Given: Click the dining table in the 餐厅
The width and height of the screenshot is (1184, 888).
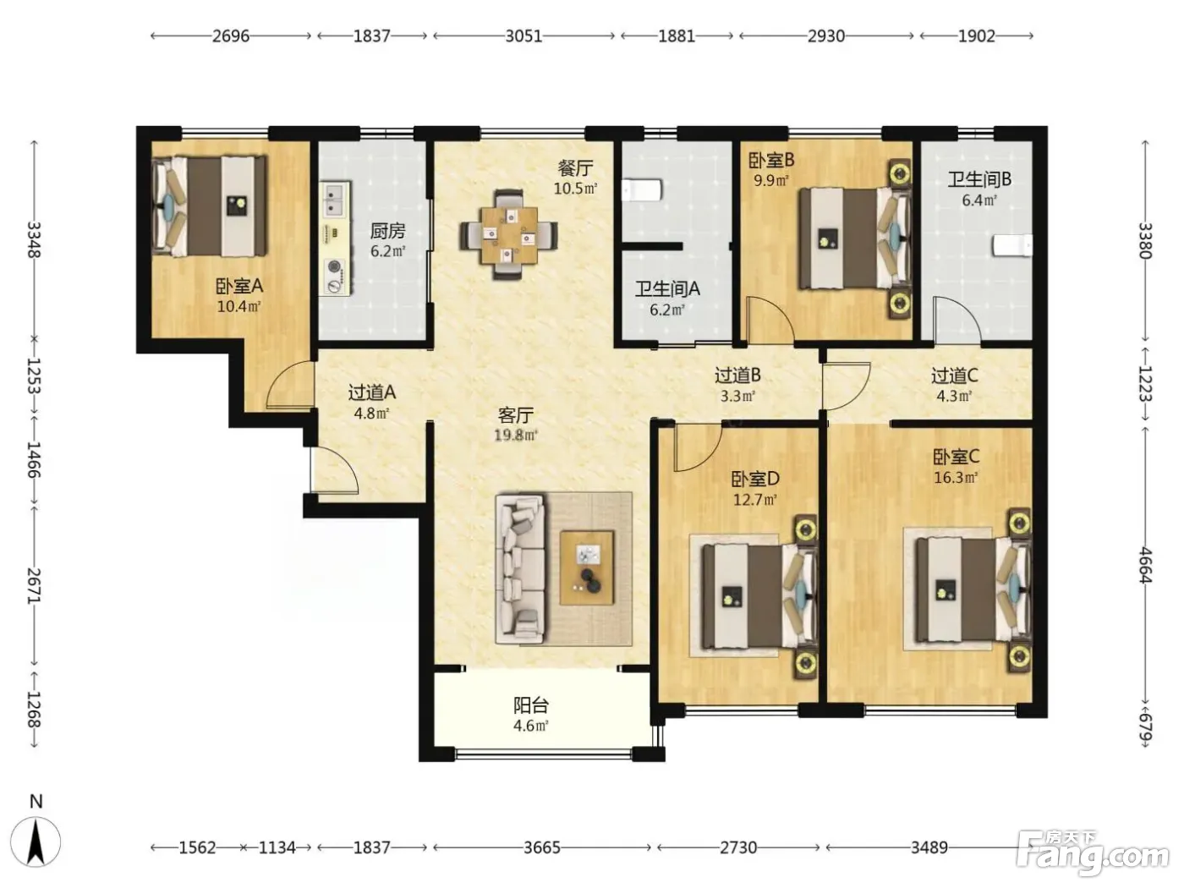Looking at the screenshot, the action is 509,234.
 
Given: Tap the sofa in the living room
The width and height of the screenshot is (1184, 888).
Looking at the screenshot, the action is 520,569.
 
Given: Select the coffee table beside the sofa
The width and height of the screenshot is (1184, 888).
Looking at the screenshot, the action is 586,568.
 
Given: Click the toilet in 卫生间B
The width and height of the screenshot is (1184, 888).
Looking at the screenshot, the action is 1012,246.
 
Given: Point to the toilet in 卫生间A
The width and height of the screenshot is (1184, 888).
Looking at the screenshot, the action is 641,190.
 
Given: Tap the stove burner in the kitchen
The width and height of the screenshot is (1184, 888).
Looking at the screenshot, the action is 335,266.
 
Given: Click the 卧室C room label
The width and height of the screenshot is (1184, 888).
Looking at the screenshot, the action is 956,457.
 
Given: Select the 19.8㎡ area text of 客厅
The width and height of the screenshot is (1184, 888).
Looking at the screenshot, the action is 516,435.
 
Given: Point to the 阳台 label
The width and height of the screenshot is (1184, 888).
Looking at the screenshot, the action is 531,704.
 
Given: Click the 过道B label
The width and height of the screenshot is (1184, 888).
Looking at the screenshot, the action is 737,375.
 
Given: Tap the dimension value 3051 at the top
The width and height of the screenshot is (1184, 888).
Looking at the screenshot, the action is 523,36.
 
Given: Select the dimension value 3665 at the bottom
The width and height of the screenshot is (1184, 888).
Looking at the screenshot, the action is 541,847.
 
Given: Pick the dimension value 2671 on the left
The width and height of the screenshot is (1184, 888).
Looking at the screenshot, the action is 34,586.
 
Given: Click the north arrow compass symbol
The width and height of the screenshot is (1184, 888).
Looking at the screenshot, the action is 36,842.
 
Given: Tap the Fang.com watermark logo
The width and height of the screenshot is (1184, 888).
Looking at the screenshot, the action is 1093,853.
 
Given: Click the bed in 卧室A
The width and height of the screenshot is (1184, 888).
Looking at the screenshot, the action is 209,206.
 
